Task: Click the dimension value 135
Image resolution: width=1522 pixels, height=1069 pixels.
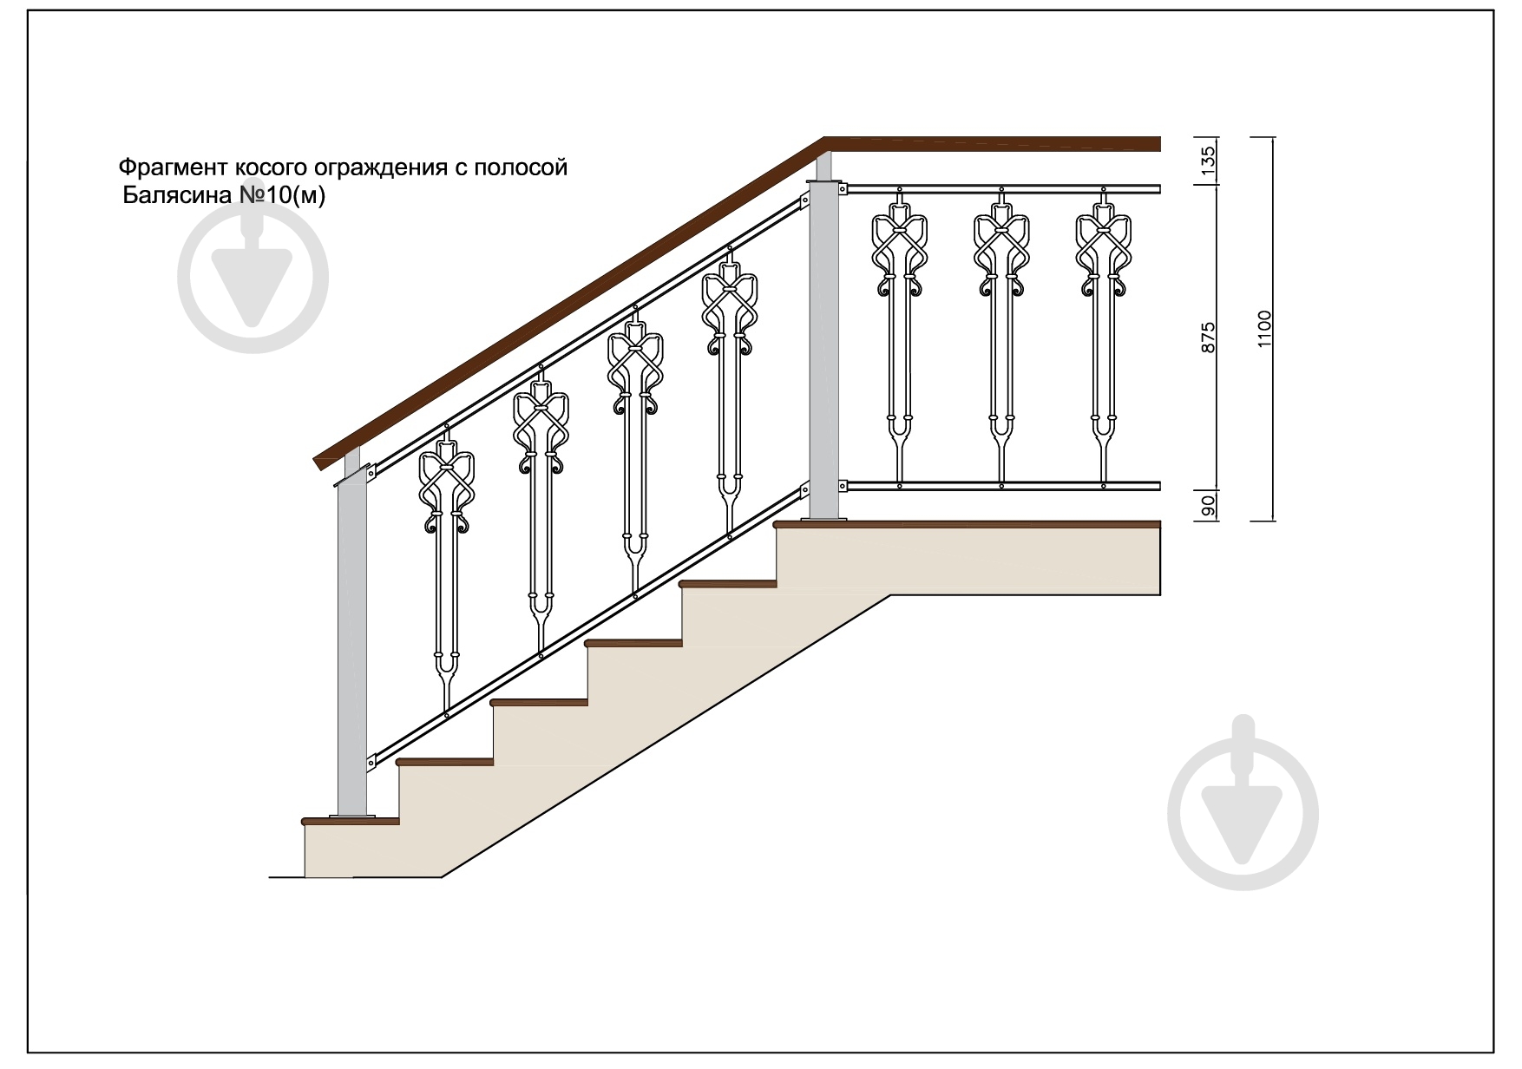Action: pyautogui.click(x=1210, y=161)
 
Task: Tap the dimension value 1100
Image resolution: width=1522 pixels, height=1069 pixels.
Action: pyautogui.click(x=1263, y=330)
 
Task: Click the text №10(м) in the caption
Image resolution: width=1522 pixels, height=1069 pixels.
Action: pyautogui.click(x=282, y=196)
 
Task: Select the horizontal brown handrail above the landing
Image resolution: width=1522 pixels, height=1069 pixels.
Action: pyautogui.click(x=993, y=144)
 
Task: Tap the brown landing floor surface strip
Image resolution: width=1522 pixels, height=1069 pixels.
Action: pyautogui.click(x=968, y=524)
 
